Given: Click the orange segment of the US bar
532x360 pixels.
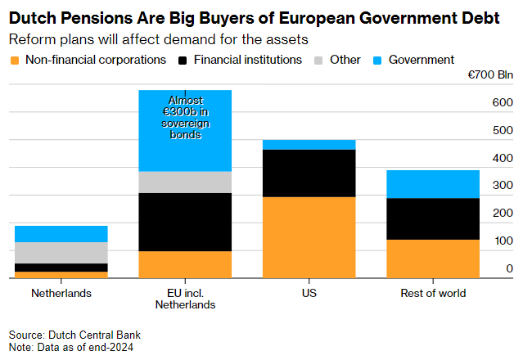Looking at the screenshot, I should point(309,237).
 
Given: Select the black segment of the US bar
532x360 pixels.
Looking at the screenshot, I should point(309,173).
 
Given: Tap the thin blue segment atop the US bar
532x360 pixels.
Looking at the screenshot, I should point(309,145).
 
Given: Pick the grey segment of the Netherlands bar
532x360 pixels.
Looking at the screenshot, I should point(61,253).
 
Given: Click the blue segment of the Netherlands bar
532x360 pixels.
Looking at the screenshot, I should point(61,234).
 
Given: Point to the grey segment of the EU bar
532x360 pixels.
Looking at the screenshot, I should point(185,182).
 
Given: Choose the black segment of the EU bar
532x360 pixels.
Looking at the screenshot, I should point(185,222).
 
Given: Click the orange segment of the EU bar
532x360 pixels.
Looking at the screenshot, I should point(185,264).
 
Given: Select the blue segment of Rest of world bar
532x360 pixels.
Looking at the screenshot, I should point(432,184).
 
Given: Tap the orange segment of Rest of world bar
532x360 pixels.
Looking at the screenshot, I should point(432,259).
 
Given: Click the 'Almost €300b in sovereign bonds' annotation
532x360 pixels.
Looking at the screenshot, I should point(185,118).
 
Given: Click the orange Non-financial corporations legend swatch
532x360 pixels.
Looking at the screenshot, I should point(14,60).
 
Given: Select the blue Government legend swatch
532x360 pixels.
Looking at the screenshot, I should point(377,60).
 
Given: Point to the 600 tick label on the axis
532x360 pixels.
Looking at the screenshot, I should point(503,103).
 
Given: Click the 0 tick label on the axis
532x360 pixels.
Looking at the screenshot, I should point(509,268).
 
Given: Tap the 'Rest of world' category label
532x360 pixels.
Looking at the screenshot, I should point(432,293).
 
